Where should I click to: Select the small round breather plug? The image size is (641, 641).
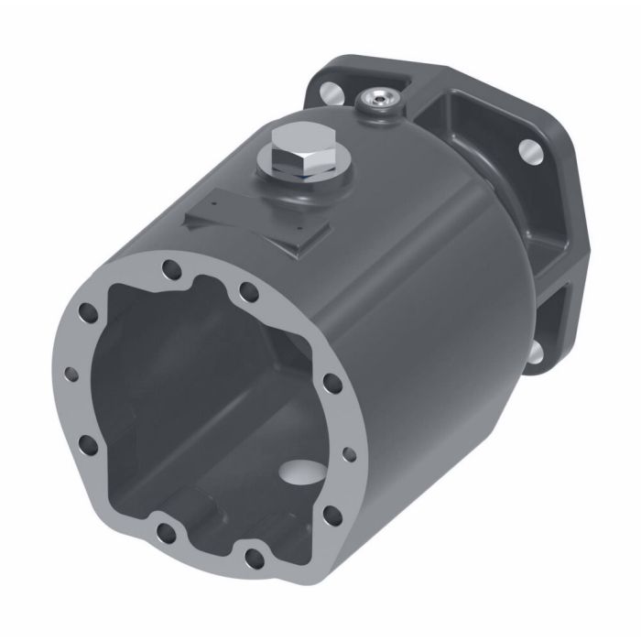tap(379, 99)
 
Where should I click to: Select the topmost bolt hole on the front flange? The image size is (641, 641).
tap(169, 269)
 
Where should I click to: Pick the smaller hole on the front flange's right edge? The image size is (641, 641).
tap(347, 452)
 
